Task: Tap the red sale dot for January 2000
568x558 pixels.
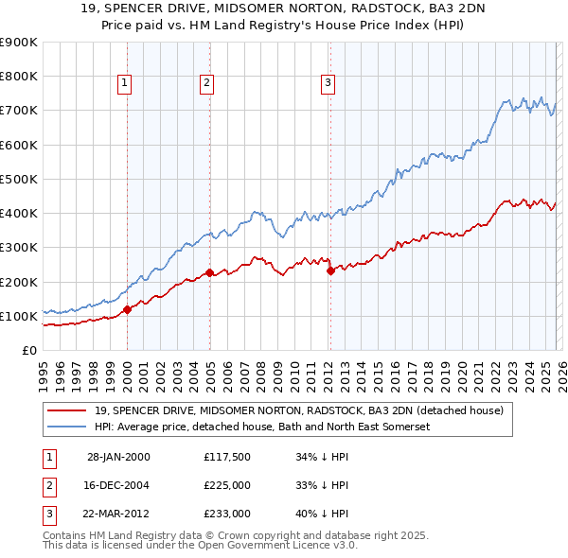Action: pyautogui.click(x=127, y=308)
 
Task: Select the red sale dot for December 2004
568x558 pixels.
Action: pyautogui.click(x=209, y=272)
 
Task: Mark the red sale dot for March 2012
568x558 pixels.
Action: pyautogui.click(x=330, y=270)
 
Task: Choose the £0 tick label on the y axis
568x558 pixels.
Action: pyautogui.click(x=28, y=350)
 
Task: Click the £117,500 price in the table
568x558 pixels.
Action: pyautogui.click(x=227, y=457)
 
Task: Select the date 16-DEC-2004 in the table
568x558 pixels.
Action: pyautogui.click(x=118, y=485)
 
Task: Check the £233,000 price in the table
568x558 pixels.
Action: pyautogui.click(x=227, y=514)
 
